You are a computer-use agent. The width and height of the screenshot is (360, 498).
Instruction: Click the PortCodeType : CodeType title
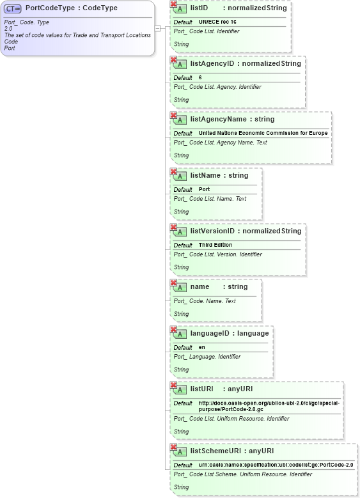pos(72,8)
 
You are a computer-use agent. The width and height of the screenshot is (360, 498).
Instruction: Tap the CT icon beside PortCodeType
pos(13,9)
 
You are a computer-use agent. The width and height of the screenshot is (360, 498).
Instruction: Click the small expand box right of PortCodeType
pos(157,28)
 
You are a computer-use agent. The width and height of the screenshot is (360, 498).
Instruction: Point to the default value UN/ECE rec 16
pos(217,22)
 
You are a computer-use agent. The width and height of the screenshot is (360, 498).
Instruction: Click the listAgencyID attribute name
pos(212,63)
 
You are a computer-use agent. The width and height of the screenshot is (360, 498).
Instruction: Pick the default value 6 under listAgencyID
pos(200,77)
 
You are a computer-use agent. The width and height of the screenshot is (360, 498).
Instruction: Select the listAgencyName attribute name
pos(217,119)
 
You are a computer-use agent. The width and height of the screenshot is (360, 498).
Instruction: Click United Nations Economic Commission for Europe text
pos(263,133)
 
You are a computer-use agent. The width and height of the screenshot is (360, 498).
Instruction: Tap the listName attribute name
pos(205,175)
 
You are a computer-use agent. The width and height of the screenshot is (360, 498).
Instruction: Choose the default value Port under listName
pos(204,189)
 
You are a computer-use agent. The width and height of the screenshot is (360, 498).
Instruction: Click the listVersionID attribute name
pos(214,231)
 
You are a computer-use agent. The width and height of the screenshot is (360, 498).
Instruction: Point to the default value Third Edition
pos(215,245)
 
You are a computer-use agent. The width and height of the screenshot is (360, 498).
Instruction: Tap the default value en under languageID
pos(201,347)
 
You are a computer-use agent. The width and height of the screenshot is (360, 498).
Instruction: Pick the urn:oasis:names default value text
pos(276,465)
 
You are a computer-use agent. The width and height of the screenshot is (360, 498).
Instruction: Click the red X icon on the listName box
pos(173,171)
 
